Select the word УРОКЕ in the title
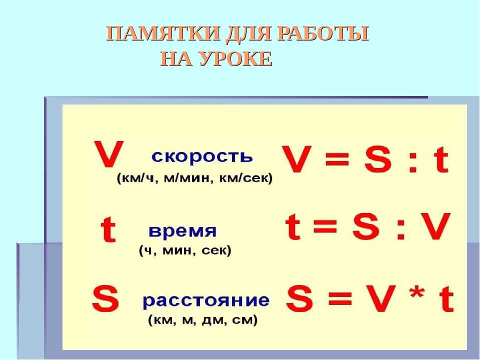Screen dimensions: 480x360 (235, 58)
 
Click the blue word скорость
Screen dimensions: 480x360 (202, 156)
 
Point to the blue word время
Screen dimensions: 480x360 (182, 231)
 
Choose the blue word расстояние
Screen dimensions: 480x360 (206, 300)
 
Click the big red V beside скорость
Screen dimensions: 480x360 (108, 154)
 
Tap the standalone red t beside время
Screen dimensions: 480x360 (108, 229)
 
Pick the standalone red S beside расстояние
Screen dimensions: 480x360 (105, 298)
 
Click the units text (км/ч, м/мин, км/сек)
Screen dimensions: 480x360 (194, 178)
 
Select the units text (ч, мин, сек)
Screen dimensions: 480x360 (185, 250)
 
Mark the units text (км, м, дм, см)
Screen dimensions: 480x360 (203, 320)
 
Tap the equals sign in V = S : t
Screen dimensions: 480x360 (337, 159)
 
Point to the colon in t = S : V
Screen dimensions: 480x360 (401, 230)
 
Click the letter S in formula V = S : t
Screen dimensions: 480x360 (378, 159)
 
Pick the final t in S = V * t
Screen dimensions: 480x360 (446, 298)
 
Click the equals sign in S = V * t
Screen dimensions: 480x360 (340, 298)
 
